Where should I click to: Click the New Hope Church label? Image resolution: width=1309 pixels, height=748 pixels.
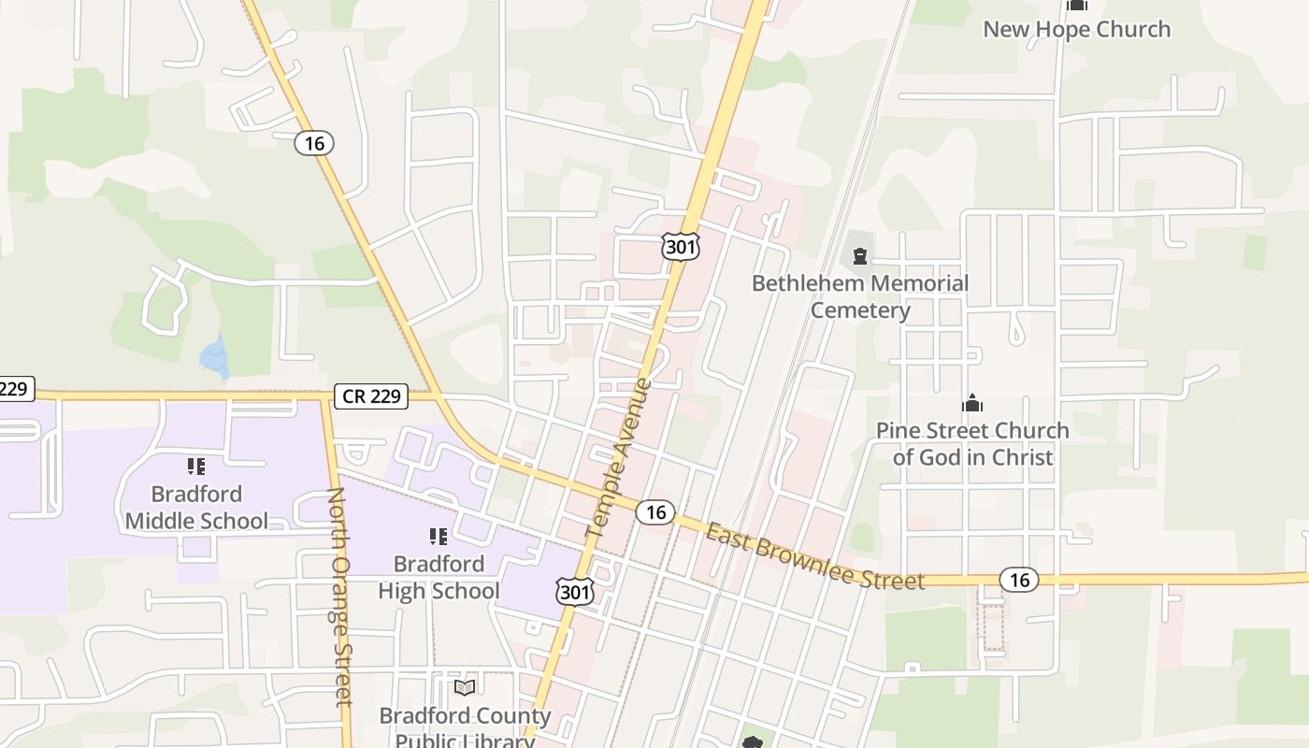click(x=1076, y=29)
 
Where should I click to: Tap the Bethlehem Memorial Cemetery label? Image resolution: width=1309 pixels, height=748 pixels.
click(x=860, y=296)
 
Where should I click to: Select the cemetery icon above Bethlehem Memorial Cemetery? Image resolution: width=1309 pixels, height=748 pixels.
click(x=860, y=255)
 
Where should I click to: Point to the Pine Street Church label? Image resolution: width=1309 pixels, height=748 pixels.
click(x=972, y=443)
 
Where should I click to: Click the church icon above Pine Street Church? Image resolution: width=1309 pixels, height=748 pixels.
click(x=972, y=403)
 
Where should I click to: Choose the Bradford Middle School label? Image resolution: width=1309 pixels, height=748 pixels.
click(x=196, y=507)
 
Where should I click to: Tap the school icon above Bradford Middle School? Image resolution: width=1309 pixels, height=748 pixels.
click(x=196, y=466)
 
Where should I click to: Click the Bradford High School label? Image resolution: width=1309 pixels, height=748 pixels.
click(x=439, y=577)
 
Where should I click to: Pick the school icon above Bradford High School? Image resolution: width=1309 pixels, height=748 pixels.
click(x=439, y=536)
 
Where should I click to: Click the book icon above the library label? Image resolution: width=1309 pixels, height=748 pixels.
click(x=465, y=687)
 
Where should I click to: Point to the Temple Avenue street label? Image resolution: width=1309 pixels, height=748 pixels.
click(x=618, y=458)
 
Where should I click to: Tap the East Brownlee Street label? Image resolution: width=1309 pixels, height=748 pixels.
click(x=814, y=557)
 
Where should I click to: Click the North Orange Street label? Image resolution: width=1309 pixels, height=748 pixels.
click(x=340, y=596)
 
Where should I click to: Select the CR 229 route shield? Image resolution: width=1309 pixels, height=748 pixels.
click(x=372, y=396)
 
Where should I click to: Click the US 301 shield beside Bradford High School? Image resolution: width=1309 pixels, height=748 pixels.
click(x=575, y=590)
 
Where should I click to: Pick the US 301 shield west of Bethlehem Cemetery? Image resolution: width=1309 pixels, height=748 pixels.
click(x=680, y=246)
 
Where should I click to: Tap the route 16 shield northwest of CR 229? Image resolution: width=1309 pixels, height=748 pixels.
click(x=314, y=143)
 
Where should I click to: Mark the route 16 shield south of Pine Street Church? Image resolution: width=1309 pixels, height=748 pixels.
click(x=1019, y=580)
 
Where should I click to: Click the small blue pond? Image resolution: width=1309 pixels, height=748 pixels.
click(x=215, y=356)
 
